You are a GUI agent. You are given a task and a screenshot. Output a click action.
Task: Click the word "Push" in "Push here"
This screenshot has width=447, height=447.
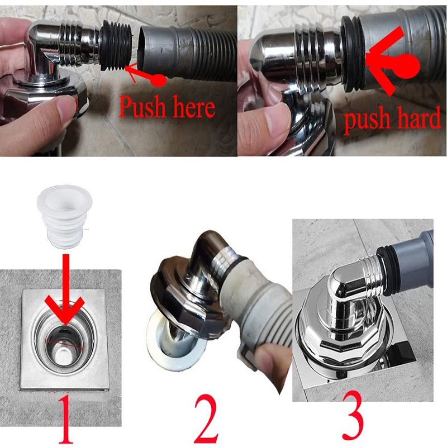click(x=142, y=107)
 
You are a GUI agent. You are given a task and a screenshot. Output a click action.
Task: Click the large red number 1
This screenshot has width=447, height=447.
click(x=65, y=418)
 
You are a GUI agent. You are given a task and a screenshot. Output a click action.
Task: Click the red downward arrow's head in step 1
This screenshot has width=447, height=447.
click(x=65, y=310)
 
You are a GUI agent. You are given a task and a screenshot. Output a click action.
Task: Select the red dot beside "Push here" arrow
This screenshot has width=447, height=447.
click(x=158, y=80)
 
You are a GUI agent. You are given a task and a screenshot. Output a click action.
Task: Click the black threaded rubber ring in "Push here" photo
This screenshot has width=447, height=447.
click(x=116, y=49)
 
